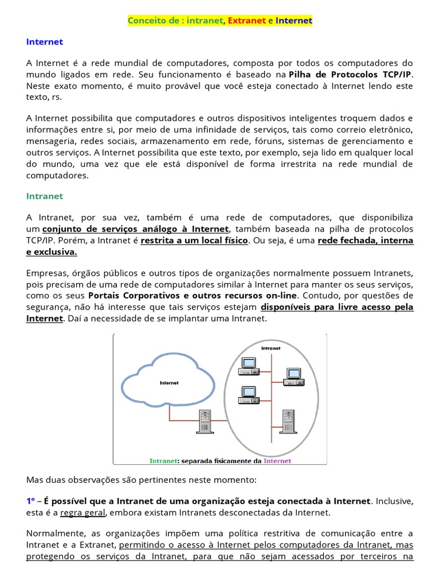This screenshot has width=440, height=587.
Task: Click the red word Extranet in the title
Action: (247, 21)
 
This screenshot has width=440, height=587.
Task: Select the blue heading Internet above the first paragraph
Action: (45, 42)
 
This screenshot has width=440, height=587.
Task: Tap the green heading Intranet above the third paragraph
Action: (45, 196)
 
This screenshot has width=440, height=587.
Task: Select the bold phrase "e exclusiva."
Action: (52, 252)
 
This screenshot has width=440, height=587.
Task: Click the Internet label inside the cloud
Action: (169, 383)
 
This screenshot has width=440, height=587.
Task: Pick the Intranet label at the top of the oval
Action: (271, 348)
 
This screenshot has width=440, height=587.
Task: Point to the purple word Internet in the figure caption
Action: (277, 461)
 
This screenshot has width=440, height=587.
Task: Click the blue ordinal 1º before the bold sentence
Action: (31, 501)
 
